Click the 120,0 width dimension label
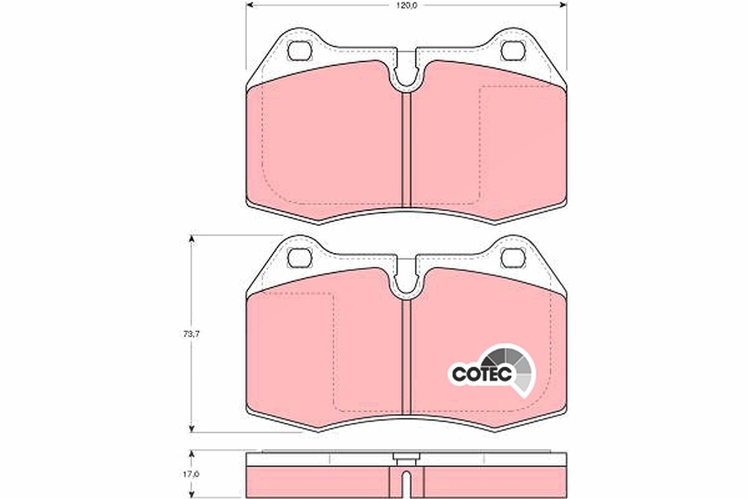coord(406,6)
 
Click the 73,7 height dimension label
coord(191,334)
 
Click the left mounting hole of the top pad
coord(300,51)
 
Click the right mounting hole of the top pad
coord(514,51)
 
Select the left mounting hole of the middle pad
coord(300,258)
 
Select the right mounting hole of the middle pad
coord(514,258)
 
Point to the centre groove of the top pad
coord(406,149)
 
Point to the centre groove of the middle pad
coord(406,357)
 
